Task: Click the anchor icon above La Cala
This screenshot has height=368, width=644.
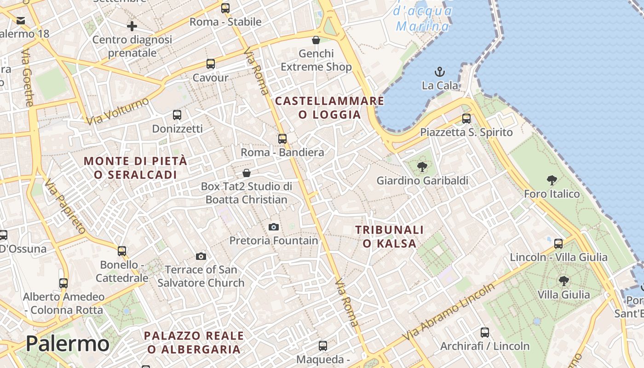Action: (440, 72)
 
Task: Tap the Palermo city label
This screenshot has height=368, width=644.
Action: (68, 344)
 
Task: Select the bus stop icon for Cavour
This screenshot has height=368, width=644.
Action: (211, 64)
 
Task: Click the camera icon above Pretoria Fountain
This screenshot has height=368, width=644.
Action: (274, 227)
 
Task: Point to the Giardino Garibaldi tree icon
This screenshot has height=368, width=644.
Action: (422, 167)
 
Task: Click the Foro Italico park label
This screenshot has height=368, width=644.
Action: (552, 194)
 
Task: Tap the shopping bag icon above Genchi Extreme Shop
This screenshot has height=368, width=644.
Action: (316, 40)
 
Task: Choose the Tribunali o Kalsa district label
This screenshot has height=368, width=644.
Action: (390, 236)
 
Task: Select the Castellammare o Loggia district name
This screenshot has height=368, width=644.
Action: (329, 108)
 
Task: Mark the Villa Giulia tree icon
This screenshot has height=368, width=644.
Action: (563, 281)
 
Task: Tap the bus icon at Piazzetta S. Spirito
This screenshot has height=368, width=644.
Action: (466, 119)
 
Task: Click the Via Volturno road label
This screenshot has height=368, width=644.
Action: (118, 111)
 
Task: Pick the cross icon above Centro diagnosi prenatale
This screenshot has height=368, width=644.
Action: (132, 26)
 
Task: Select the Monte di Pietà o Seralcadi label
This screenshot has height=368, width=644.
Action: (136, 168)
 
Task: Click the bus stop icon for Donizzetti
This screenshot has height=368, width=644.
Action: (177, 115)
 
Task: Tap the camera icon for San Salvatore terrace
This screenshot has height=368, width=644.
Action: (201, 256)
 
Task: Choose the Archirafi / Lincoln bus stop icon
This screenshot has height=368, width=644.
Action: (485, 333)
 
